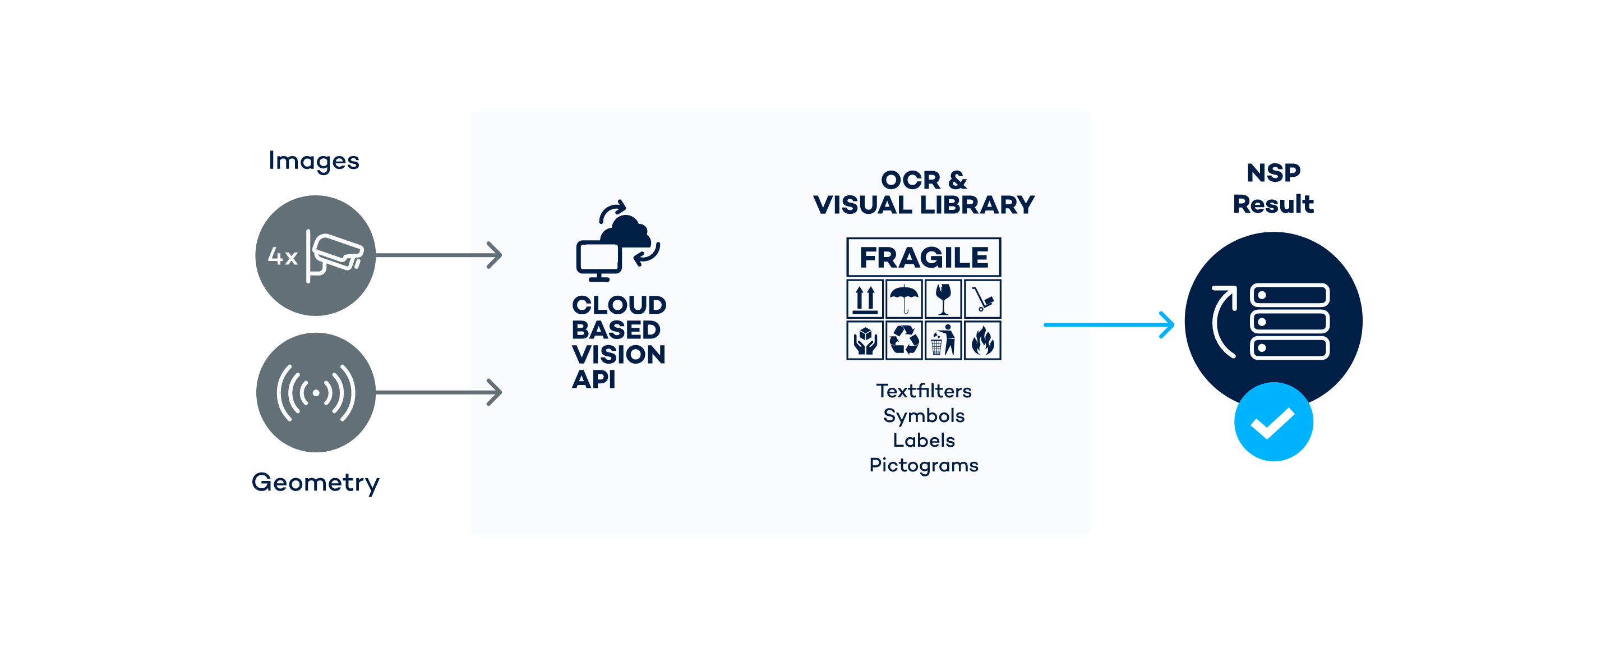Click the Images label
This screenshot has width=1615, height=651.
coord(314,161)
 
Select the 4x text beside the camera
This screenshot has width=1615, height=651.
coord(282,256)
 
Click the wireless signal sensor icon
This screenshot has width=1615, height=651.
coord(316,393)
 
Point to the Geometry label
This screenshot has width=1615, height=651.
coord(315,482)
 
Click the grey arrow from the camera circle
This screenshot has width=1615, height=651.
coord(439,255)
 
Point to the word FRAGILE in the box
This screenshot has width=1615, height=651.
coord(924,257)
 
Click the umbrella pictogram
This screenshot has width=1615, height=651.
coord(904,299)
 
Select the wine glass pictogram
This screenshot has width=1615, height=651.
coord(943,299)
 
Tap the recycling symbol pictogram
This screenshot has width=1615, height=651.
coord(904,340)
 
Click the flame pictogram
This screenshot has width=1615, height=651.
coord(982,340)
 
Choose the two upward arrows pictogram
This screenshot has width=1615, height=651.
coord(865,299)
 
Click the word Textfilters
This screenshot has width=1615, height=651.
coord(924,391)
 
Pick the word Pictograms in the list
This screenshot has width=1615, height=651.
coord(924,465)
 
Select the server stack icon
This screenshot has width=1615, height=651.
coord(1290,321)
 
